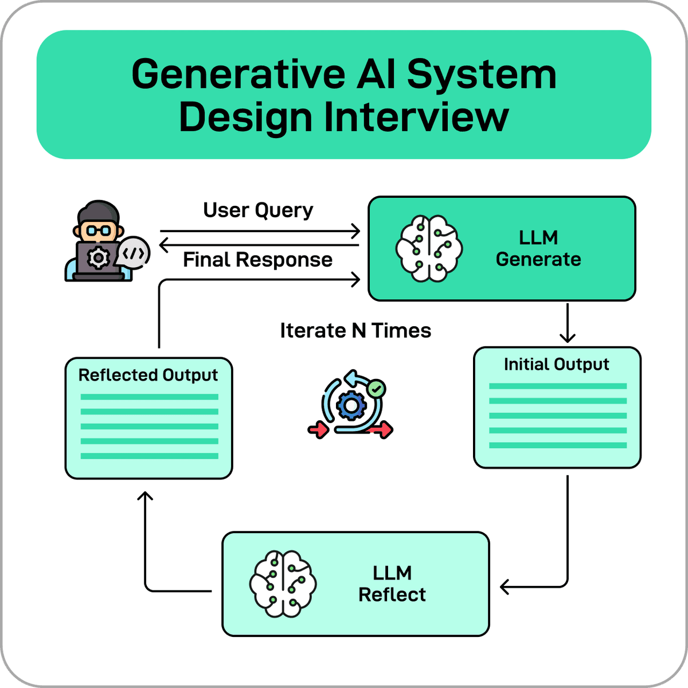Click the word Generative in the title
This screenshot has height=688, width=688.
(x=237, y=75)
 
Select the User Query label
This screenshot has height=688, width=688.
(x=258, y=210)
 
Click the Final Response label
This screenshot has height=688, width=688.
(x=257, y=260)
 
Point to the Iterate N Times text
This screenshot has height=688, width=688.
(x=355, y=331)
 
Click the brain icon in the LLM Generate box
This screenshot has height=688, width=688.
(x=429, y=248)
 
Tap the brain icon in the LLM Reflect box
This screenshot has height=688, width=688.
(x=283, y=584)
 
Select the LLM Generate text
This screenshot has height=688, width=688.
(x=538, y=249)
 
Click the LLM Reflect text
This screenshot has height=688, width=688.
(x=392, y=584)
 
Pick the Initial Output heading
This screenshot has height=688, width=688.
(x=556, y=365)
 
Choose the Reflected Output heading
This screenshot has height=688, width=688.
(x=148, y=375)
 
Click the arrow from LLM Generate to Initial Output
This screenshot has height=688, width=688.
(x=567, y=324)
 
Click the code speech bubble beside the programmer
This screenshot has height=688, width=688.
(x=134, y=253)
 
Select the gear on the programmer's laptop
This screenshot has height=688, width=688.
(x=98, y=258)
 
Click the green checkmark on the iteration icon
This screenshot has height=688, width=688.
(x=376, y=389)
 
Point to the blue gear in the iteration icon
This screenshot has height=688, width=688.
(x=351, y=406)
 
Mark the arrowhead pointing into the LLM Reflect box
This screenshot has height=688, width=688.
(x=505, y=587)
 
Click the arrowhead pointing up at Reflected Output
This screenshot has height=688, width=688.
(x=146, y=497)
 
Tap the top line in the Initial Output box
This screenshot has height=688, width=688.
(x=557, y=386)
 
